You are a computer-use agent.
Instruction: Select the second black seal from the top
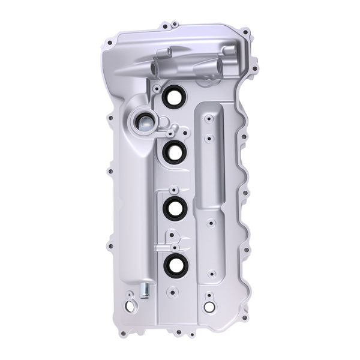coord(175,152)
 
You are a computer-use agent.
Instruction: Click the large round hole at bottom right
coord(209,307)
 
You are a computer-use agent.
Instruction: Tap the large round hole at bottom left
coord(130,305)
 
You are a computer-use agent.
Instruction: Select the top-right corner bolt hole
coord(245,32)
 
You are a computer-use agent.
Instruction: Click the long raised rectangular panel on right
coord(210,156)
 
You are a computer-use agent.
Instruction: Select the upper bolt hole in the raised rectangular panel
coord(208,119)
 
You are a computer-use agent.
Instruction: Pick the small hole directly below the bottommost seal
coord(173,292)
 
